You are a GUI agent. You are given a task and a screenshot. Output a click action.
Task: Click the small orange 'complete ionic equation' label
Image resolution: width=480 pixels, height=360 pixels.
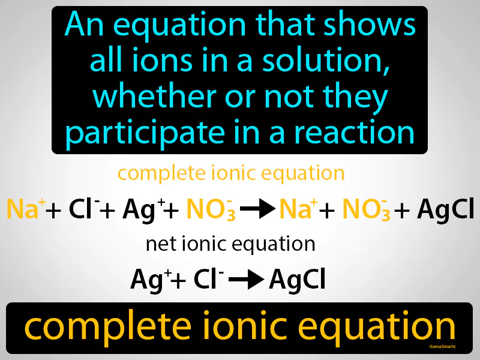(x=231, y=173)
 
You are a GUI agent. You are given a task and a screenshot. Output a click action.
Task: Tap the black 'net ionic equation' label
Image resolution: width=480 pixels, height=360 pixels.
(x=230, y=244)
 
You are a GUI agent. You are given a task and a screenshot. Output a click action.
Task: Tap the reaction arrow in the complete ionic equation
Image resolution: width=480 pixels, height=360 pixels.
(x=255, y=209)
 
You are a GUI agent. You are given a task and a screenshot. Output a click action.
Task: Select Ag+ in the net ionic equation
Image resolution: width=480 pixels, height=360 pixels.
(x=145, y=279)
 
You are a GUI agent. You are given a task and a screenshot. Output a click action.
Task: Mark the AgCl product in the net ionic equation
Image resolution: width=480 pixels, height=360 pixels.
(x=297, y=279)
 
